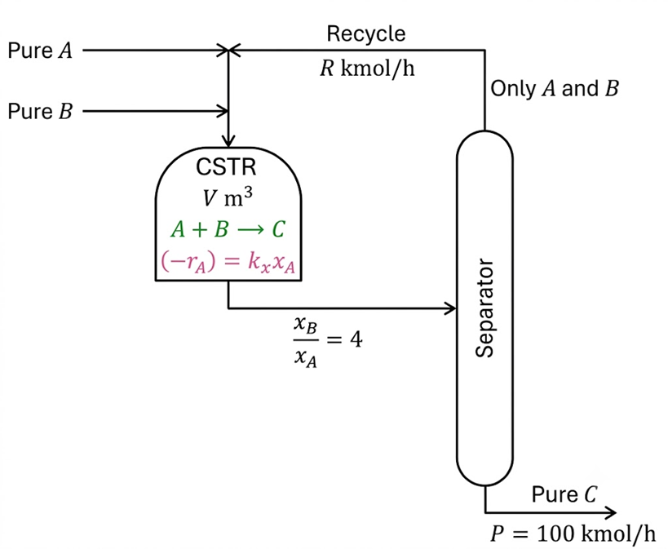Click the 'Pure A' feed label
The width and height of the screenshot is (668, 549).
[x=41, y=51]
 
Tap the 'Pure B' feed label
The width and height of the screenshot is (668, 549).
[x=41, y=111]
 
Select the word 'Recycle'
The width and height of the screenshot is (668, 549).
[x=366, y=33]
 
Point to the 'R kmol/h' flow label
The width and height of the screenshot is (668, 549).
[x=367, y=69]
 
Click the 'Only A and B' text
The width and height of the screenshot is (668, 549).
[x=555, y=89]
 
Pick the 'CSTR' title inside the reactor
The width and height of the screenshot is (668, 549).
[x=226, y=167]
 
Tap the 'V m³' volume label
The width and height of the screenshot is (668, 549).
[x=228, y=197]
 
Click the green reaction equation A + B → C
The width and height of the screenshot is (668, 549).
[x=228, y=229]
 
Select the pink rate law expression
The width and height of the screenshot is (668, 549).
[x=228, y=261]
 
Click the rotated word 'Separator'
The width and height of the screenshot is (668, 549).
[x=484, y=308]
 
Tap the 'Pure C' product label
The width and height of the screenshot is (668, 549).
[x=564, y=494]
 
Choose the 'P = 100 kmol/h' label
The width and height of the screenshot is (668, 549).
[x=573, y=534]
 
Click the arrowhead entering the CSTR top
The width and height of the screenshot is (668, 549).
[x=228, y=141]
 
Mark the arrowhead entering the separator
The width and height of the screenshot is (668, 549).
[x=451, y=308]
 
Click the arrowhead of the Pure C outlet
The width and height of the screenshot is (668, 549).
[x=610, y=512]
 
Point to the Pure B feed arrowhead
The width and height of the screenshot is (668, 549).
[x=223, y=111]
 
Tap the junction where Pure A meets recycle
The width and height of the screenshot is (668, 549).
[x=228, y=51]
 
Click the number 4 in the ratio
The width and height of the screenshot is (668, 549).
[x=356, y=339]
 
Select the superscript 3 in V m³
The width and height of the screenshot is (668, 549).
[x=248, y=193]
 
